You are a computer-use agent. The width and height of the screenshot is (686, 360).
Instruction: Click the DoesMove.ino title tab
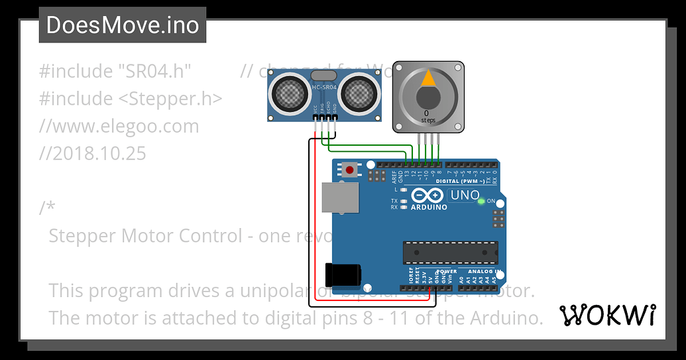click(123, 25)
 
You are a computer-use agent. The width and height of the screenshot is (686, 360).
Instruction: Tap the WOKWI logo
click(608, 316)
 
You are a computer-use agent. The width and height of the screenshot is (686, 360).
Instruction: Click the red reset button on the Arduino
click(349, 170)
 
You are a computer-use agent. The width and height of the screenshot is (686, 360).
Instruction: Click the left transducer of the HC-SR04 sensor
click(289, 93)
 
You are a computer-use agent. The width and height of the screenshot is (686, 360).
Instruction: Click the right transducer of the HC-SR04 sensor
click(359, 93)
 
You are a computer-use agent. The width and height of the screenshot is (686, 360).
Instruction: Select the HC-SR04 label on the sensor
click(324, 87)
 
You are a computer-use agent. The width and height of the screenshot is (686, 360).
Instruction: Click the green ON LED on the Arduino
click(482, 200)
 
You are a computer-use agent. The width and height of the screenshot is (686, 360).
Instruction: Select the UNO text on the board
click(465, 195)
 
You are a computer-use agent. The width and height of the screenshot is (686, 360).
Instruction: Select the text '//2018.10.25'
click(92, 153)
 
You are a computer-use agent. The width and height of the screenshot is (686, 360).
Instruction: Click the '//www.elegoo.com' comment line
click(119, 126)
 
